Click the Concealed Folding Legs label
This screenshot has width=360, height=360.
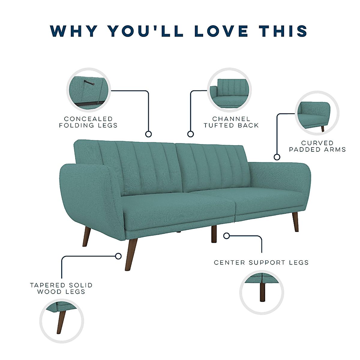point(88,122)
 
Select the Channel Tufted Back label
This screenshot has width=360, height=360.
point(231,122)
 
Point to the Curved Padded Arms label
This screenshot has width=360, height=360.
point(317,146)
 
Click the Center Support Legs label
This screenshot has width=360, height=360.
point(261,262)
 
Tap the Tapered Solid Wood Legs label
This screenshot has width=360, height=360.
point(61,288)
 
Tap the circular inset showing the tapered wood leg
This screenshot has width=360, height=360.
point(62,321)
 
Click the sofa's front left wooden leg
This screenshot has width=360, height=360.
point(131,254)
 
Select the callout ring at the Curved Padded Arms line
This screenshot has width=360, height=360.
point(277,157)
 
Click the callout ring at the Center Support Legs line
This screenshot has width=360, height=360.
point(227,236)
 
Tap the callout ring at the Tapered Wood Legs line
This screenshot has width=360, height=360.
point(118,256)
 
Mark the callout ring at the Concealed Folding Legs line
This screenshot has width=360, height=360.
point(148,134)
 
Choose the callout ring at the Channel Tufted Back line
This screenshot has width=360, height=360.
point(190,134)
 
